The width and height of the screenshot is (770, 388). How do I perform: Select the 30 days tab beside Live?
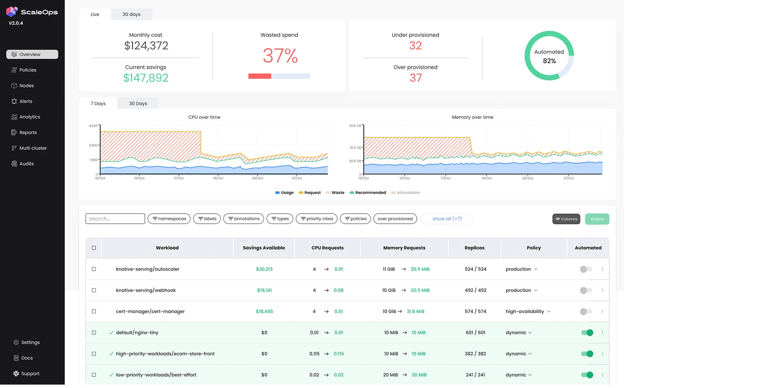pyautogui.click(x=131, y=14)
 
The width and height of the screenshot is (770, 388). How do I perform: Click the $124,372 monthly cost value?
pyautogui.click(x=146, y=46)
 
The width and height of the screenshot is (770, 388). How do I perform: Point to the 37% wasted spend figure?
pyautogui.click(x=280, y=56)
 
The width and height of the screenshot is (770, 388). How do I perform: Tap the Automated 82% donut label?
pyautogui.click(x=549, y=57)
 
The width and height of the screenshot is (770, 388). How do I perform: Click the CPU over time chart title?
pyautogui.click(x=204, y=117)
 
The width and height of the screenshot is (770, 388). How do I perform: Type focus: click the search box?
pyautogui.click(x=115, y=219)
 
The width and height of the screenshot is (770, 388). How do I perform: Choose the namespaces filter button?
pyautogui.click(x=169, y=219)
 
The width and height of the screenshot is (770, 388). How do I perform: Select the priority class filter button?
pyautogui.click(x=317, y=219)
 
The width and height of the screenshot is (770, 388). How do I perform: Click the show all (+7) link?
pyautogui.click(x=447, y=219)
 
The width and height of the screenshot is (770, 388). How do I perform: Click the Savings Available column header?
pyautogui.click(x=264, y=248)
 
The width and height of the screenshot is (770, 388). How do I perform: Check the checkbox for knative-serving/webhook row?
pyautogui.click(x=94, y=291)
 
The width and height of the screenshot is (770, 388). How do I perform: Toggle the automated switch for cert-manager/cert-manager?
pyautogui.click(x=586, y=312)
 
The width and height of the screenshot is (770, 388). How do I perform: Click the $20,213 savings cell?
pyautogui.click(x=264, y=269)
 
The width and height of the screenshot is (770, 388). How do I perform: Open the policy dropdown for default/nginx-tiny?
pyautogui.click(x=518, y=333)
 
